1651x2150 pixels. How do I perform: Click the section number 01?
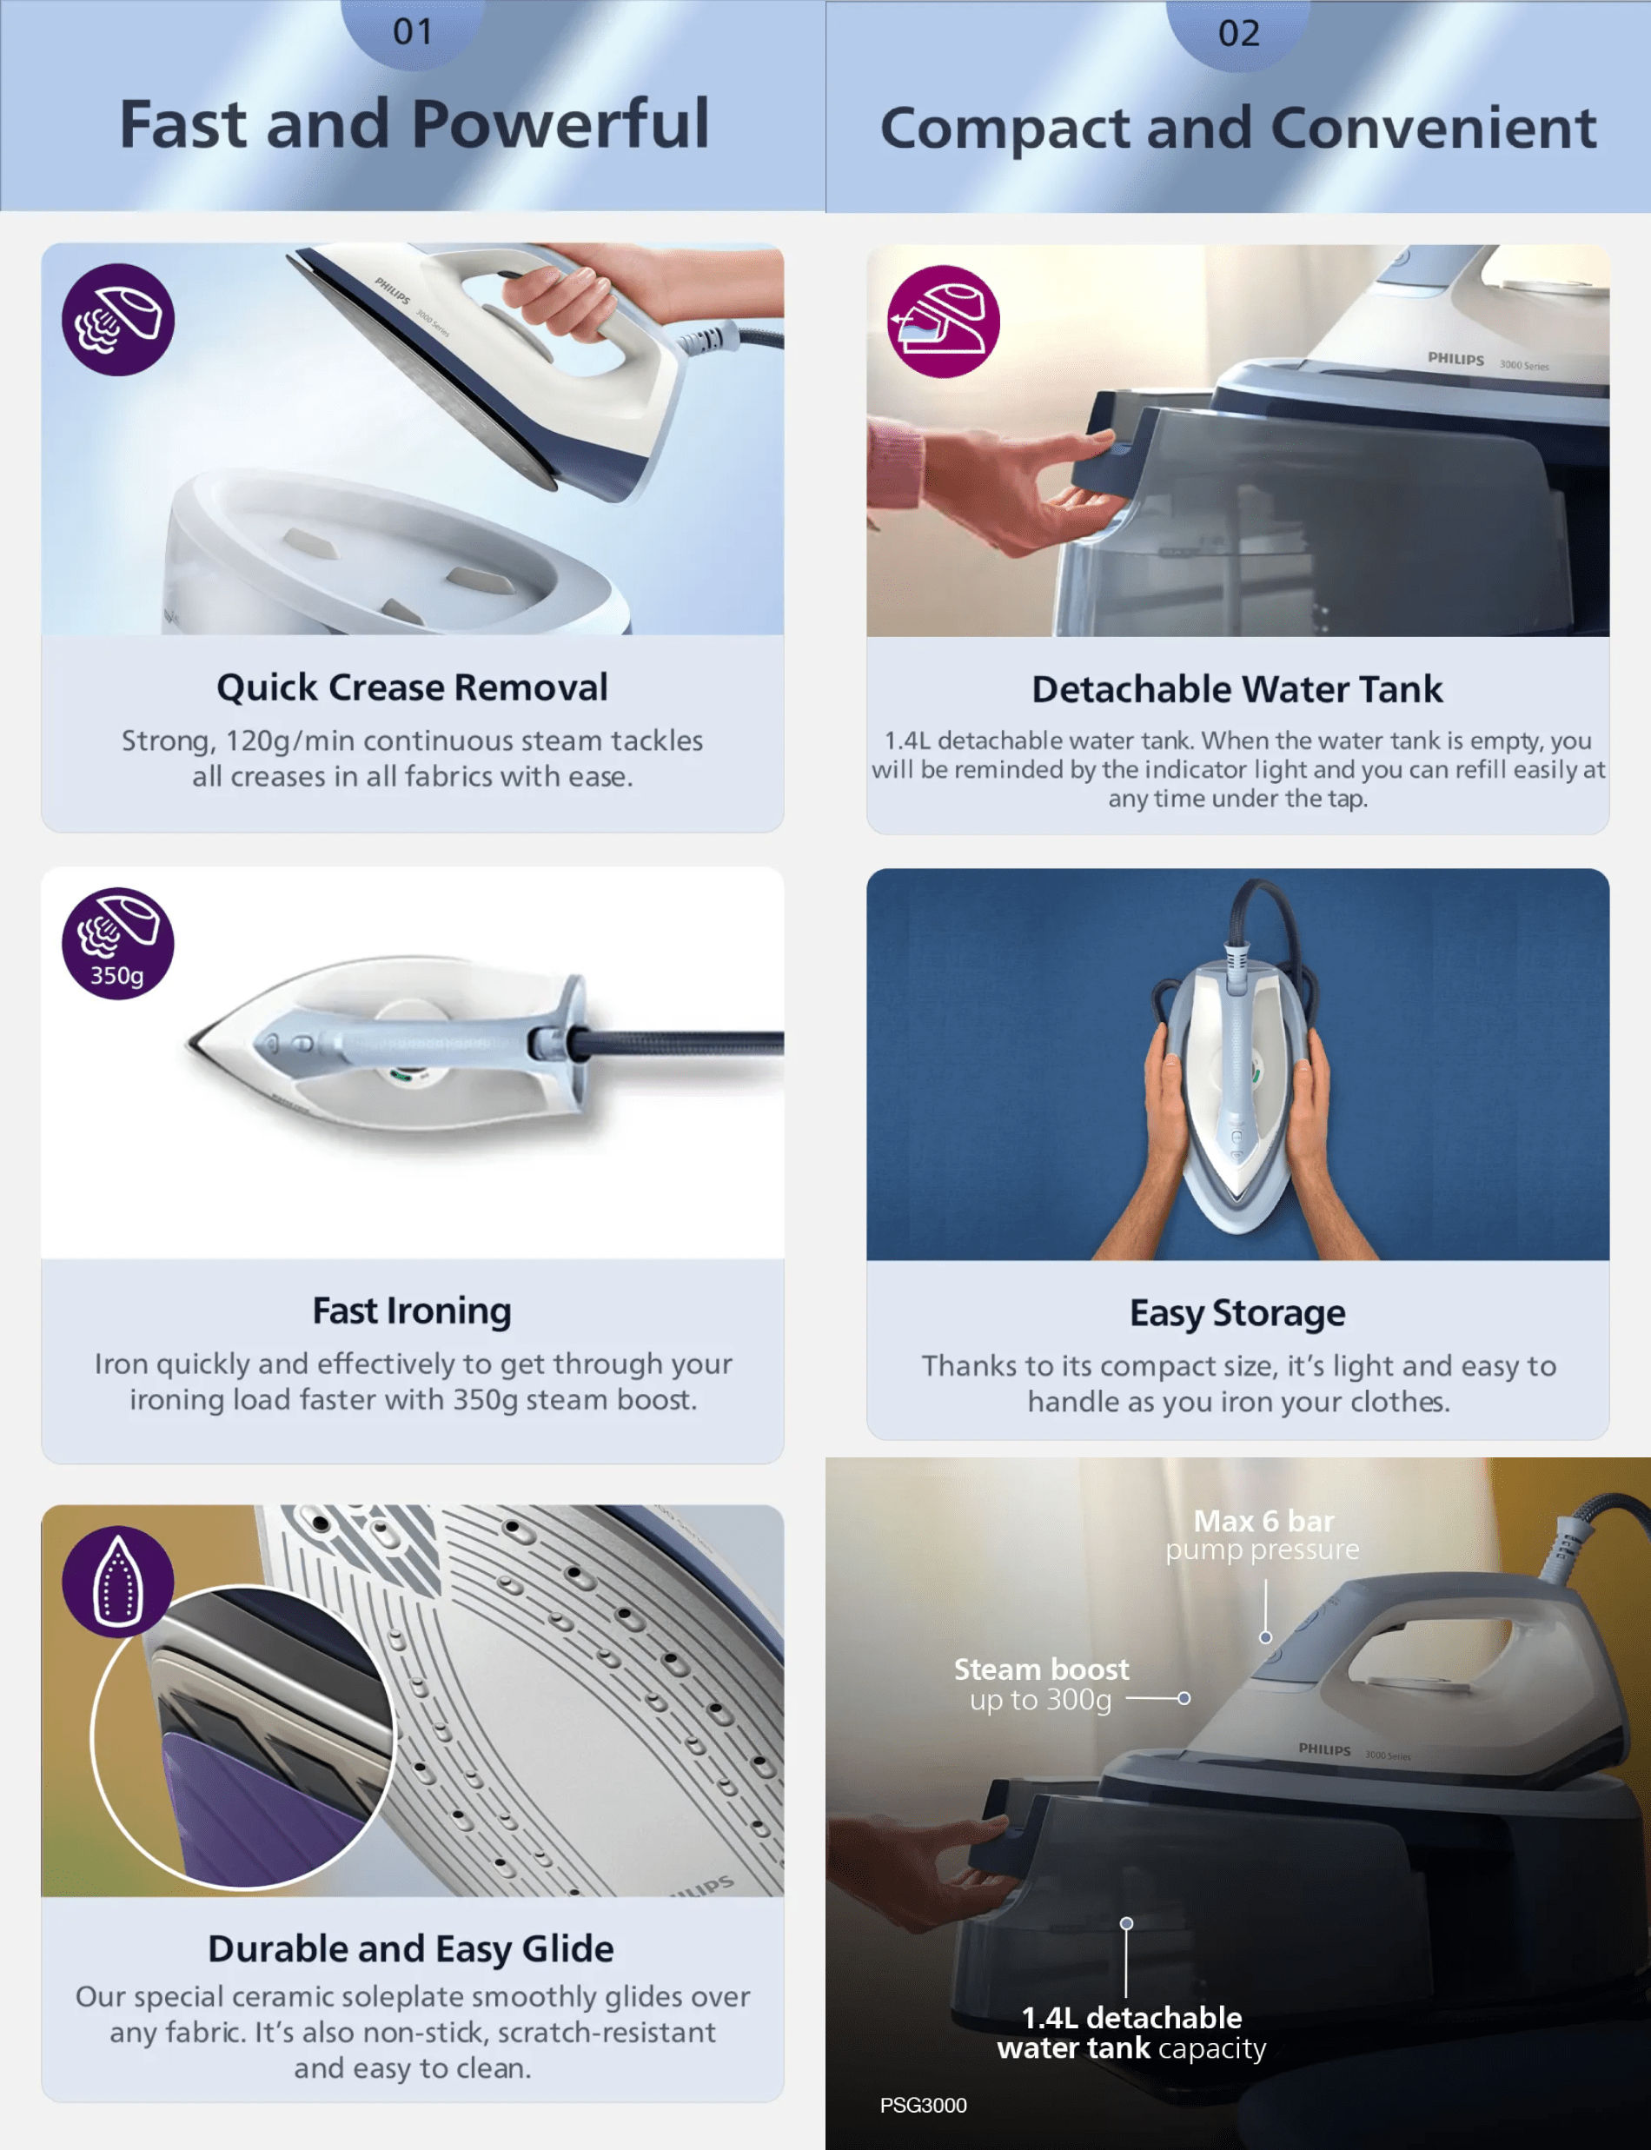tap(413, 32)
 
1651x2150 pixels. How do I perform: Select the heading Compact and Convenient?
tap(1238, 128)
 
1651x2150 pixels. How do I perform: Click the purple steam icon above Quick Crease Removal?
tap(118, 319)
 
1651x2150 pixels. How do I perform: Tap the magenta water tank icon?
tap(944, 322)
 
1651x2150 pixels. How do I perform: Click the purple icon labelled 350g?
tap(118, 943)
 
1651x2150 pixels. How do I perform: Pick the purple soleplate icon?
tap(118, 1581)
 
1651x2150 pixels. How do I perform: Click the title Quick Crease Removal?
tap(413, 687)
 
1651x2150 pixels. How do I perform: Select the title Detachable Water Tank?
tap(1237, 690)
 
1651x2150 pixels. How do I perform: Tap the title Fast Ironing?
tap(412, 1311)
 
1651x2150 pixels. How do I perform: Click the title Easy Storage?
tap(1237, 1313)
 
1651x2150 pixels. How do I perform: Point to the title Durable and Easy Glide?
tap(411, 1948)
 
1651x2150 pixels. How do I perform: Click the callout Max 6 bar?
tap(1263, 1521)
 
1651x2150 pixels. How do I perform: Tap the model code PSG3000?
tap(923, 2105)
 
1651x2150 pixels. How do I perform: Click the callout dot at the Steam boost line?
tap(1184, 1698)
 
